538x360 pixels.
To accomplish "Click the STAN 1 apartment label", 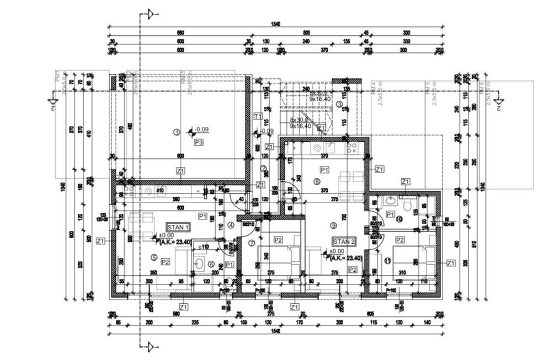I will [x=178, y=227].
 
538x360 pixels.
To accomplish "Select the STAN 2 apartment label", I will [x=343, y=241].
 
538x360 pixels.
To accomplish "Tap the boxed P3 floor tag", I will [x=199, y=142].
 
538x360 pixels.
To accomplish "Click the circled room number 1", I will [x=177, y=132].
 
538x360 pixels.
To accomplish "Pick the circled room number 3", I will [x=339, y=103].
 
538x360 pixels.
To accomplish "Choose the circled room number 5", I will [x=154, y=257].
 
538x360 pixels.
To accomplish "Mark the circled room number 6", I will [x=211, y=264].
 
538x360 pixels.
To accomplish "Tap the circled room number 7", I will [x=252, y=243].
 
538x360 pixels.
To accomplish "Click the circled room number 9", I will [x=333, y=225].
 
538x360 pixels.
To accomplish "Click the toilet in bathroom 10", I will [x=407, y=205].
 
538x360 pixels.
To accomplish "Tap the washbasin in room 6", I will [x=199, y=263].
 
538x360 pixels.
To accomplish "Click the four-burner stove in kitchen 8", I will [x=351, y=148].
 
